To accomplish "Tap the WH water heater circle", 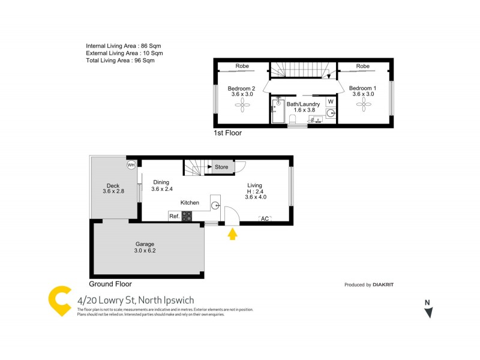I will tap(131, 164).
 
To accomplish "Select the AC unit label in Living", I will tap(265, 218).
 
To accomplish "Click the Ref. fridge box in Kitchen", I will tap(174, 216).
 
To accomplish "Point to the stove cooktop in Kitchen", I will tap(187, 216).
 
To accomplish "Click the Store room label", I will tap(221, 167).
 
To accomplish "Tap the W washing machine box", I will tap(330, 101).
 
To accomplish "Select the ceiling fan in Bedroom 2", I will tap(241, 106).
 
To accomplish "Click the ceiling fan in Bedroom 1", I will tap(362, 106).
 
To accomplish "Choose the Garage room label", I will tap(145, 244).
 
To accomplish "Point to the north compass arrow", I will tap(428, 311).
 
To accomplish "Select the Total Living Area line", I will tap(120, 61).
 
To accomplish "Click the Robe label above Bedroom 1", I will tap(362, 66).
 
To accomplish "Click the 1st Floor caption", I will tap(228, 133).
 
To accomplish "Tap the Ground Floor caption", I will tap(110, 284).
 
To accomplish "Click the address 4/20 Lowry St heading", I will tap(136, 300).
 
